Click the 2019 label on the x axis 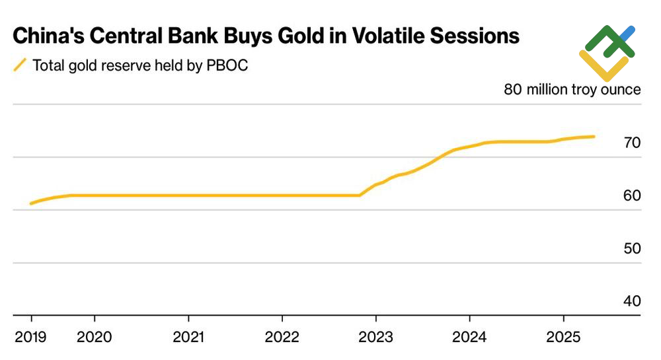coord(31,338)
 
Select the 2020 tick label coord(94,338)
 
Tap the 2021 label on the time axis coord(190,338)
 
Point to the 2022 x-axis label coord(282,338)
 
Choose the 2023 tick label coord(375,338)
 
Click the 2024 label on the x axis coord(469,338)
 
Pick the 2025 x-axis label coord(563,338)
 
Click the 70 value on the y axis coord(632,143)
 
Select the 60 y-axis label coord(632,196)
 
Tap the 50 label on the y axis coord(632,248)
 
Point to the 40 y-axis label coord(632,301)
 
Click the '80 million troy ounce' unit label coord(572,89)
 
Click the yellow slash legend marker coord(20,65)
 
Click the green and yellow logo coord(607,52)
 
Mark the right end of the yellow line coord(594,137)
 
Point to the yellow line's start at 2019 coord(31,203)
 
